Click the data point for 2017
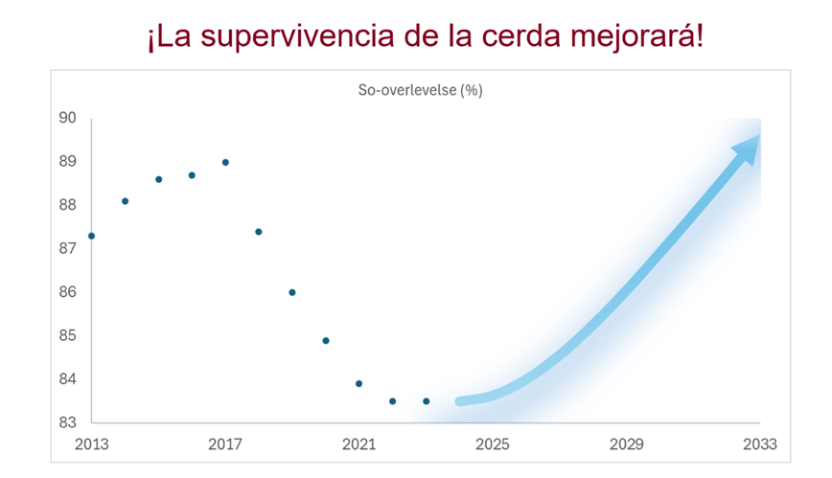[225, 162]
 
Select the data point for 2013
[91, 236]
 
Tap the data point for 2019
[292, 292]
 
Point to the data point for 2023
[426, 401]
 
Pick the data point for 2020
[326, 340]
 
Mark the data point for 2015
[158, 179]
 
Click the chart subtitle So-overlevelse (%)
[420, 90]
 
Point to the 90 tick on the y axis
[68, 119]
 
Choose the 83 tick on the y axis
[68, 422]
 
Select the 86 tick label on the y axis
[68, 292]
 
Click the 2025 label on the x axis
[493, 444]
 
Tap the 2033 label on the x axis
[759, 444]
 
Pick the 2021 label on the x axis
[358, 444]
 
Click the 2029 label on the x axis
[626, 444]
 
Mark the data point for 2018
[259, 231]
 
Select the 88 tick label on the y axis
[68, 205]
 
